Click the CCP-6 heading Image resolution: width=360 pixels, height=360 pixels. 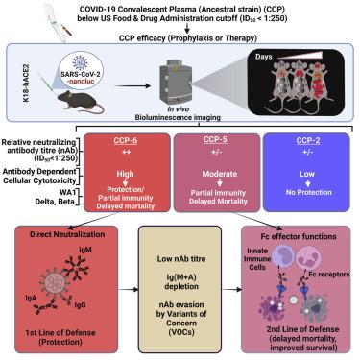point(126,140)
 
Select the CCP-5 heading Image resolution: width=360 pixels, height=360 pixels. point(215,139)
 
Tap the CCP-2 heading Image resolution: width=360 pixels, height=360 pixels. point(308,140)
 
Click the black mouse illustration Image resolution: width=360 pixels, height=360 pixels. point(81,102)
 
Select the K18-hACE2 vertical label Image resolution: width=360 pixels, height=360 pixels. point(26,83)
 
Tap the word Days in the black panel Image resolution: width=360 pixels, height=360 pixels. point(264,57)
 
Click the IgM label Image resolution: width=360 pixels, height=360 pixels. point(85,249)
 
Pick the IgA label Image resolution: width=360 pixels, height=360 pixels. point(31,299)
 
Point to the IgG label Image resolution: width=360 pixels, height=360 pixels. point(80,305)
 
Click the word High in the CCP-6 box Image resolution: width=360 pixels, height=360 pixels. point(125,174)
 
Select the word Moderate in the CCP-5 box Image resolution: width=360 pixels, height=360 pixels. point(220,174)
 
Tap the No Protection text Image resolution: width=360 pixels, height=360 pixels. point(308,192)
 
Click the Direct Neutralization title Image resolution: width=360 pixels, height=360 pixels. point(67,234)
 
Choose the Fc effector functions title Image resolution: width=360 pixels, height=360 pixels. point(299,236)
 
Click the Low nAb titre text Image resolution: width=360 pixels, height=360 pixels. point(181,259)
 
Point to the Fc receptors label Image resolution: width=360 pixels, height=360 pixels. point(329,275)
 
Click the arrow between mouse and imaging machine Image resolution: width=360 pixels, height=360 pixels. point(132,85)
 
